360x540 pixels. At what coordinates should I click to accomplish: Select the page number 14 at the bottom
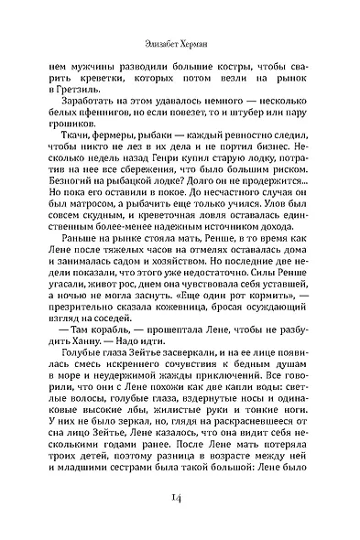click(180, 496)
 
